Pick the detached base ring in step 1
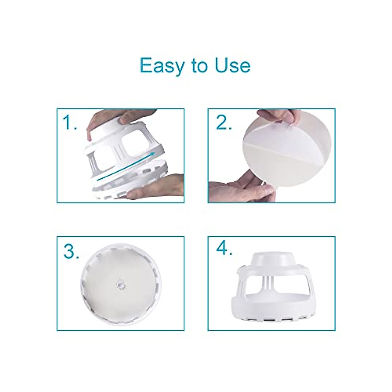coord(131,183)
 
